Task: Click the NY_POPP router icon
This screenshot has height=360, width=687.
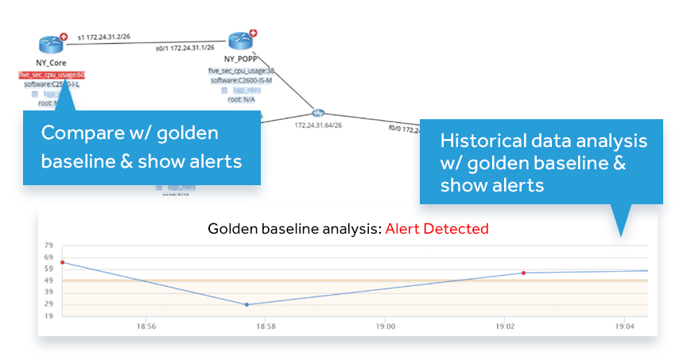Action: (239, 41)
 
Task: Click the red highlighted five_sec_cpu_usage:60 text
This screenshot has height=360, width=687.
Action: (52, 75)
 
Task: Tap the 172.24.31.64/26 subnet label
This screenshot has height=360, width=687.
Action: (319, 125)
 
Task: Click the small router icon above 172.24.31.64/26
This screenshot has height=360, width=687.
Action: (319, 113)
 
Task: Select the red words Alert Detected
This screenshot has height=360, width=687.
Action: (437, 229)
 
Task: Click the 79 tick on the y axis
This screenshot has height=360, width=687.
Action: (49, 246)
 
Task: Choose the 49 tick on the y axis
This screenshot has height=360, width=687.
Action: (49, 281)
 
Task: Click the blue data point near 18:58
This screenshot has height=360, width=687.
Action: (246, 304)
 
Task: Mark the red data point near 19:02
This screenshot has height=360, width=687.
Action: (523, 273)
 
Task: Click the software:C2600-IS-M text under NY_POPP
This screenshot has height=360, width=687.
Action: (241, 80)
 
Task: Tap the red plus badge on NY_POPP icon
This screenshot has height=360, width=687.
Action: (253, 33)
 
